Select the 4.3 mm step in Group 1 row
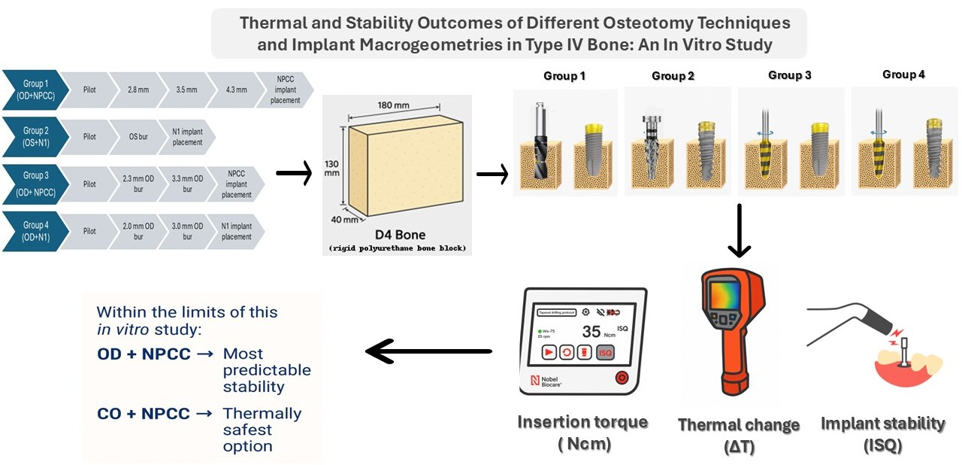(x=231, y=90)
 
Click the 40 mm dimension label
(x=340, y=220)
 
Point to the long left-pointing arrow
(x=428, y=351)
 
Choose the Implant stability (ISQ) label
(x=882, y=433)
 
